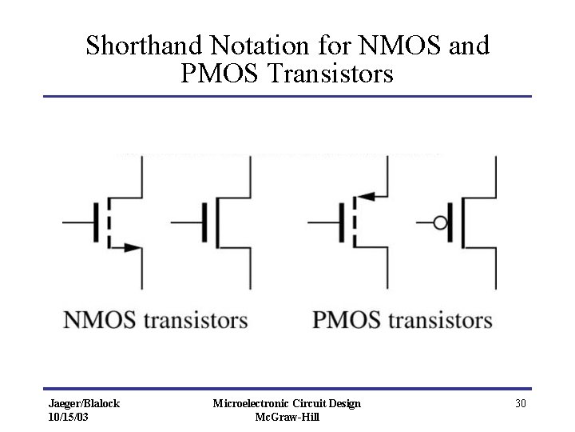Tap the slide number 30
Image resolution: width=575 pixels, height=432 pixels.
point(520,404)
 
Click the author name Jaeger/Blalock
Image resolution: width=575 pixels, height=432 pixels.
point(84,404)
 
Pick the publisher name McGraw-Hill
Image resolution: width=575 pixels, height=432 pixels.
point(287,418)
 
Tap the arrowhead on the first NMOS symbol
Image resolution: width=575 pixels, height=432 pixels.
point(135,249)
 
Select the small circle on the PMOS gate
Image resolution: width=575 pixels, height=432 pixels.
point(440,222)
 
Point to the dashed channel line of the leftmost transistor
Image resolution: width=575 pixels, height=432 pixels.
point(109,222)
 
